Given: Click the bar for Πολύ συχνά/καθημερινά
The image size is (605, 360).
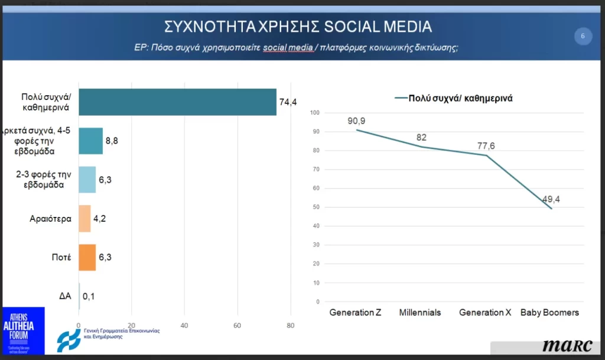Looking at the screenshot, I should coord(177,102).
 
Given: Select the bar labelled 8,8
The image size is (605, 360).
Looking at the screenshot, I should coord(90,141).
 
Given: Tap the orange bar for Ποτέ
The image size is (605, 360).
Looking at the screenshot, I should coord(87,257).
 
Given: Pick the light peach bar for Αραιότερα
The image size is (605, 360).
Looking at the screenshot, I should coord(84,218).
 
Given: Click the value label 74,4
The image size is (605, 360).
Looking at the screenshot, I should coord(288,102).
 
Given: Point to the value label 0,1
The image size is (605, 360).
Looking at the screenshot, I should coord(89,296).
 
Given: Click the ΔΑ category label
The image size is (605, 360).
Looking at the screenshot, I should coord(65,296).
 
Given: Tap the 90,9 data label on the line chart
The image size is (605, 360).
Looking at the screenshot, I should coord(357,121).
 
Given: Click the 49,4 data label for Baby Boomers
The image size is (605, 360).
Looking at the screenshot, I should coord(551,199).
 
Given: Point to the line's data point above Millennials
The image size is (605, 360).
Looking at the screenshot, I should coord(421,147).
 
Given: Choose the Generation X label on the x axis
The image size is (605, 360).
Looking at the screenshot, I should coord(484,313).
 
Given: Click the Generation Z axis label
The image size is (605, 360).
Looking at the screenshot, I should coord(355,313).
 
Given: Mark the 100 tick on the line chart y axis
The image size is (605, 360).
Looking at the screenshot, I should coord(314,113).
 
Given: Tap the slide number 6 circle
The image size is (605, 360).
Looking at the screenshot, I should coord(583,37).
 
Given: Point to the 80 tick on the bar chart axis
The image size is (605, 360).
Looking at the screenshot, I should coord(290,325).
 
